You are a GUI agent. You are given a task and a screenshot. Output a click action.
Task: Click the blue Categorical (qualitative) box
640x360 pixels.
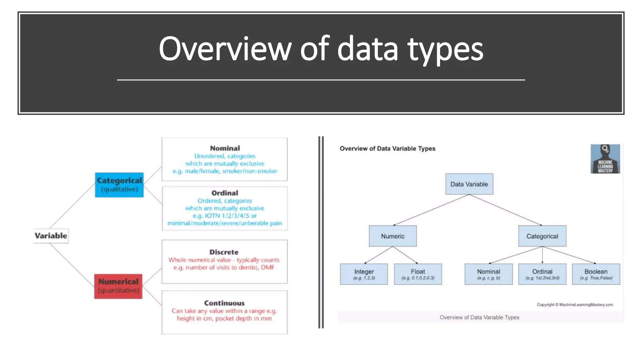(119, 185)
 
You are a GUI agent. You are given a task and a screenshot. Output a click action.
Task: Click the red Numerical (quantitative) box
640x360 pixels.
(118, 286)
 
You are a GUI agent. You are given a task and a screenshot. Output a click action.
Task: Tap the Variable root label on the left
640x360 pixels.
(51, 236)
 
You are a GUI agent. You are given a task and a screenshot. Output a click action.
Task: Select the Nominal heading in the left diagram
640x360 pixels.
(225, 148)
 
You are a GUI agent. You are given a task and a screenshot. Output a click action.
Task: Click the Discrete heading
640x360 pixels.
(224, 252)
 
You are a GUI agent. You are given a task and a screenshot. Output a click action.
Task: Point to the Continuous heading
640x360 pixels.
(224, 303)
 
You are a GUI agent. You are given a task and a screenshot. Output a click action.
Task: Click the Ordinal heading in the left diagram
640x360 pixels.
(224, 193)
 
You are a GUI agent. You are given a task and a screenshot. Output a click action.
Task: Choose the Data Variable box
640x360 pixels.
(469, 184)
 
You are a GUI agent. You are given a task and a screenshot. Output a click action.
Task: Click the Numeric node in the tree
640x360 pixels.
(392, 236)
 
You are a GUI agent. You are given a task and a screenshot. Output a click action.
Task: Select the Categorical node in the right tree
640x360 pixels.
(542, 236)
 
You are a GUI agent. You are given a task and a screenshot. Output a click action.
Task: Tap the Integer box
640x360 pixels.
(364, 274)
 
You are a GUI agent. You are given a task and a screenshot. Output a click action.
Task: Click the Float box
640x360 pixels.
(418, 274)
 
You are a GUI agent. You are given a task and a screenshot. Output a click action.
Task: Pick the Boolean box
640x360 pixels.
(596, 274)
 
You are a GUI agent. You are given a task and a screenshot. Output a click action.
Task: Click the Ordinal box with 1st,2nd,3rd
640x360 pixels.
(542, 274)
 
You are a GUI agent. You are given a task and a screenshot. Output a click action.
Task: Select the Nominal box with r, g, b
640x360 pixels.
(488, 274)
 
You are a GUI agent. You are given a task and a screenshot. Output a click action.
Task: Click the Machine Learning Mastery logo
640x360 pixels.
(605, 159)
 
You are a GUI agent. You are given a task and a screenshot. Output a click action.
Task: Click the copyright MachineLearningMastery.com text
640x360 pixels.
(575, 304)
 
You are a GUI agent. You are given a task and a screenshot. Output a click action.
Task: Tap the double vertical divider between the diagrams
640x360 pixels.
(321, 232)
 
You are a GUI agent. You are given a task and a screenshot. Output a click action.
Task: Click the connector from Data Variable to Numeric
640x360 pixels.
(431, 210)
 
